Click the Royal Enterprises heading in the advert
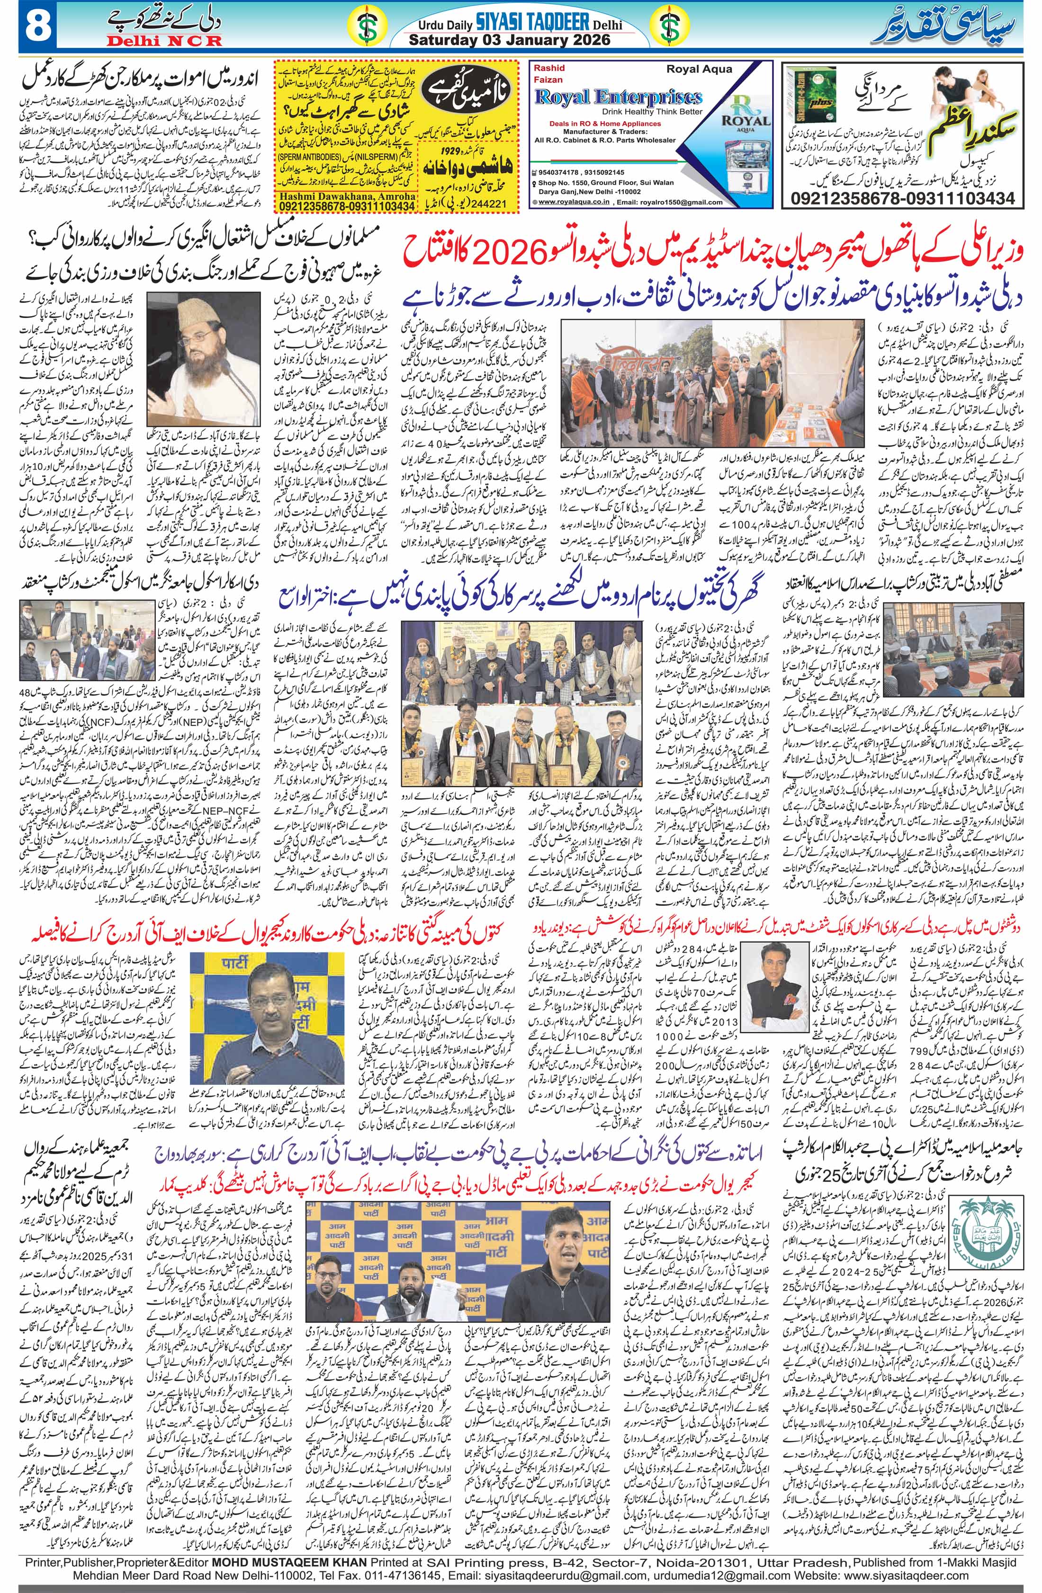pyautogui.click(x=618, y=97)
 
